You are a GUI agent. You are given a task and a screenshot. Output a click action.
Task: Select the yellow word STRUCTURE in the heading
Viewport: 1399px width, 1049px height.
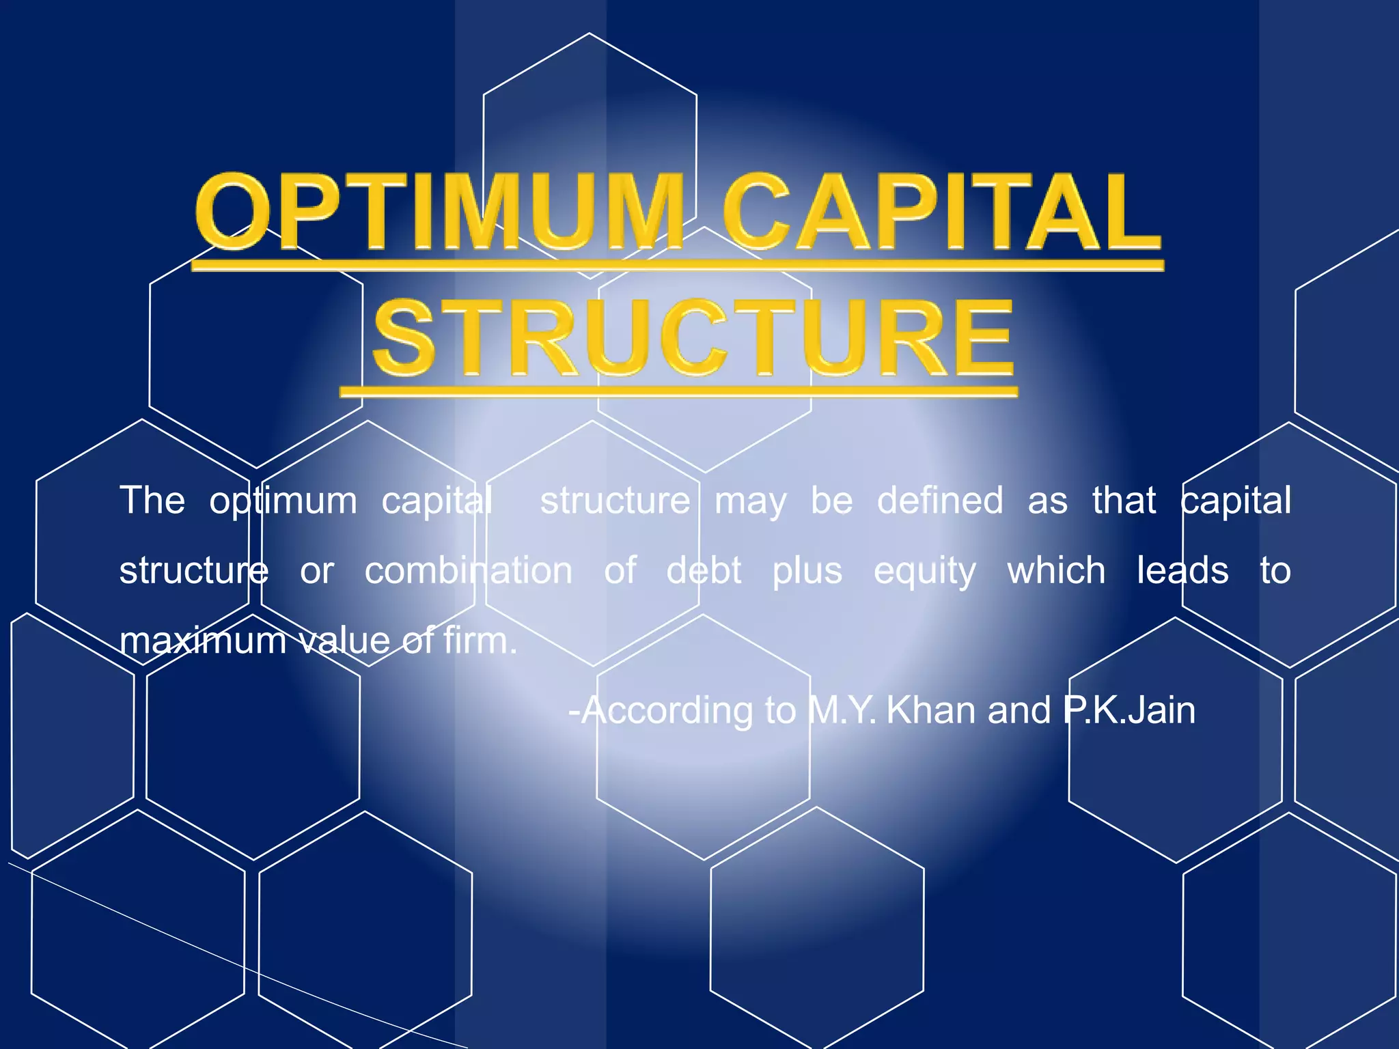693,339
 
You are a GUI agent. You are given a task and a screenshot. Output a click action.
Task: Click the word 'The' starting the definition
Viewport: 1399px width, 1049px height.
152,500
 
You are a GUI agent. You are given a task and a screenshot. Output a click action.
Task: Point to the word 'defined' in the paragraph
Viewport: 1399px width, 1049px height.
940,500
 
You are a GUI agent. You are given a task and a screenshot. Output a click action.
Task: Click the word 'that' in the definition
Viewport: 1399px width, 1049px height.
1124,500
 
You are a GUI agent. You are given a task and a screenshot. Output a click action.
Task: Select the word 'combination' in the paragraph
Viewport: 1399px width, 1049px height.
469,570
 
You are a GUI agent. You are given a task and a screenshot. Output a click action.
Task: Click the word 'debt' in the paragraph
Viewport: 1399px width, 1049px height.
704,570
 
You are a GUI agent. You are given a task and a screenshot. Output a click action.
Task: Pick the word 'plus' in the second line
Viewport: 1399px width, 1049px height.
807,572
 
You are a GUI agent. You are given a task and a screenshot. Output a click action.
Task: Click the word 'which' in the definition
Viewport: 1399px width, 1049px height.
1056,570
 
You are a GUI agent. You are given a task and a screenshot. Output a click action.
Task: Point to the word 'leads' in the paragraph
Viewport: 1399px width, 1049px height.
1182,570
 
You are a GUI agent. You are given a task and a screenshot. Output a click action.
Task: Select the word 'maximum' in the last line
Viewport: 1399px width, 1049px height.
203,641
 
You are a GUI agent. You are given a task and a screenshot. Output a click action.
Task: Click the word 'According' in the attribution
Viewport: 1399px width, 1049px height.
666,710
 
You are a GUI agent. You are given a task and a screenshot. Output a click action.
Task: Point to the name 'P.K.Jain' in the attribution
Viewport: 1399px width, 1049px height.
1129,710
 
